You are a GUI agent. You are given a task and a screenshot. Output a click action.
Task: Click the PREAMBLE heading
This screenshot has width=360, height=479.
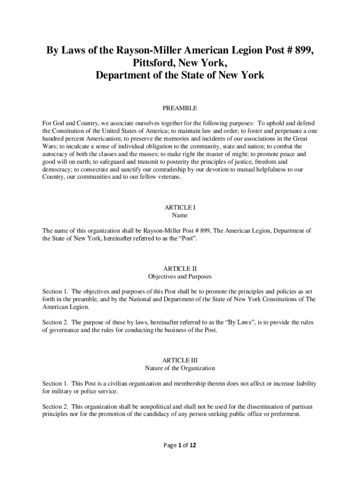pyautogui.click(x=180, y=108)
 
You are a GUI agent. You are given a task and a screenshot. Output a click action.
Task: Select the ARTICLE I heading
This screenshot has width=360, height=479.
pyautogui.click(x=180, y=207)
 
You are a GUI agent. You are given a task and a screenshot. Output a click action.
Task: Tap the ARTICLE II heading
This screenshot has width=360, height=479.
pyautogui.click(x=180, y=269)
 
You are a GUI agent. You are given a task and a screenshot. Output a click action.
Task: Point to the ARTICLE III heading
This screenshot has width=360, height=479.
pyautogui.click(x=180, y=360)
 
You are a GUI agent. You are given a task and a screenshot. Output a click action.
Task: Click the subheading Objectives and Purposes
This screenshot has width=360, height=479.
pyautogui.click(x=180, y=276)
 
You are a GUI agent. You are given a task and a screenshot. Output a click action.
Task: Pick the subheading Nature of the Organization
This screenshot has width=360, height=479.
pyautogui.click(x=180, y=368)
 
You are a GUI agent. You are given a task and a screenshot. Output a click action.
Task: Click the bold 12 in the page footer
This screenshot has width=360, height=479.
pyautogui.click(x=192, y=445)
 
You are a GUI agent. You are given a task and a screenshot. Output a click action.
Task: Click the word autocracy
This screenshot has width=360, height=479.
pyautogui.click(x=57, y=153)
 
